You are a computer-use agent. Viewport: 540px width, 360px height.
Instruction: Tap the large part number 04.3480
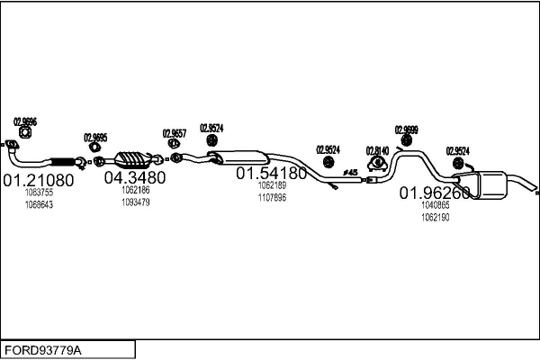point(135,177)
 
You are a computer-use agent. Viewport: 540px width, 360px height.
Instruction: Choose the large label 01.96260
point(435,193)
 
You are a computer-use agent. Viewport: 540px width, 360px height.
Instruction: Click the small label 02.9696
point(25,122)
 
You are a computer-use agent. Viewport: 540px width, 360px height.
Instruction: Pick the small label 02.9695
point(95,138)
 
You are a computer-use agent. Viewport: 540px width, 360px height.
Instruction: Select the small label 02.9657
point(174,133)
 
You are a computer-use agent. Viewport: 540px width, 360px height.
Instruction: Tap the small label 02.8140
point(377,150)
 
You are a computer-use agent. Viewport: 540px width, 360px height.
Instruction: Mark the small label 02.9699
point(406,130)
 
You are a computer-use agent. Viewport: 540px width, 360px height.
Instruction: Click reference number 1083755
point(39,193)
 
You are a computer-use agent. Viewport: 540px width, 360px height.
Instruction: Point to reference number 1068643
point(39,204)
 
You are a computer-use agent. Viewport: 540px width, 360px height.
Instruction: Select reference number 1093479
point(135,202)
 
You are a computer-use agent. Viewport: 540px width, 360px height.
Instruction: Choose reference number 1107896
point(271,197)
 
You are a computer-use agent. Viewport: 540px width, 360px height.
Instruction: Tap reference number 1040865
point(435,205)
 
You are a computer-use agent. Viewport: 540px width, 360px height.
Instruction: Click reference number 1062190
point(435,217)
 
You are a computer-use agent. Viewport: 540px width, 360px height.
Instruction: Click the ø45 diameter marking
point(350,171)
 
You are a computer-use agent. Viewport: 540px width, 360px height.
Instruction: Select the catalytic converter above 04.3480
point(134,156)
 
